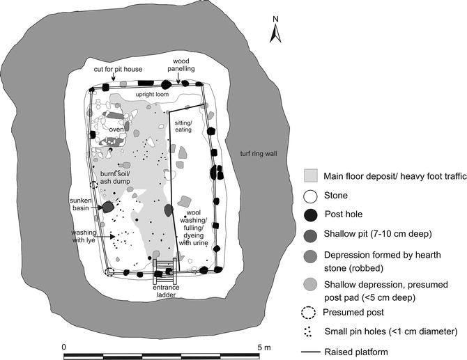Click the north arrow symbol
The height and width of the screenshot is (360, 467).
coord(276,31)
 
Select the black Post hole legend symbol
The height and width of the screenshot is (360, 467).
coord(313,214)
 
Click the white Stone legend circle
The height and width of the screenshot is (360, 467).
coord(313,195)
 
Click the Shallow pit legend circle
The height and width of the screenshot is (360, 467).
coord(313,234)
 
